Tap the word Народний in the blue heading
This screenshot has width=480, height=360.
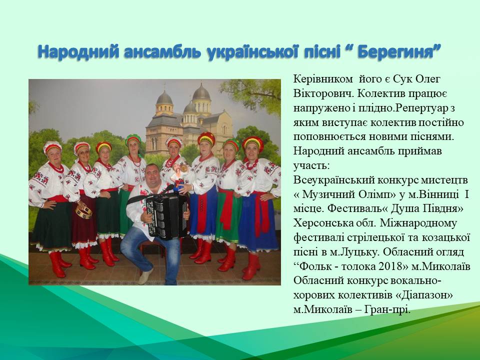78,51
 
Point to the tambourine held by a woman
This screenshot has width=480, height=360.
84,212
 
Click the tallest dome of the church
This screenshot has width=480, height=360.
201,92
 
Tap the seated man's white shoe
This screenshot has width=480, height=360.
145,276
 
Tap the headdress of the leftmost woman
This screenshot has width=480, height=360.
52,147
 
